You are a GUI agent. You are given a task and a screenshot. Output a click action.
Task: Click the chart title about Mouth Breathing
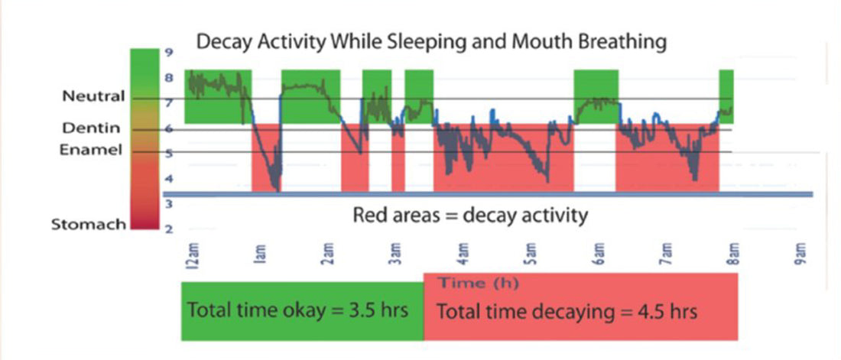431,41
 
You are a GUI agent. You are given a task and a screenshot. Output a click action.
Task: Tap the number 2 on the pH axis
168,229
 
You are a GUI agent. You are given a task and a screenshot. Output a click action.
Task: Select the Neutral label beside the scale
94,97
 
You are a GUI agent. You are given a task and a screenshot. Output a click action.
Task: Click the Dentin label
98,129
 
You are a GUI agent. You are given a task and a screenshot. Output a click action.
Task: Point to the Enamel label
91,151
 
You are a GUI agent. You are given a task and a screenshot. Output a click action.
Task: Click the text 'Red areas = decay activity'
470,215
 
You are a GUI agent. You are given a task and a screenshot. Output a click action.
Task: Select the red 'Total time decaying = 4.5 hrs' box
580,312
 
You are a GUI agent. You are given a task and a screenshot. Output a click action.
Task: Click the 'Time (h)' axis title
478,284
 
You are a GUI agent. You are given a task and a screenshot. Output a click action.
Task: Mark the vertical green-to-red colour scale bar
144,138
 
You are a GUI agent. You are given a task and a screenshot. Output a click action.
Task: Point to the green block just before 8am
726,96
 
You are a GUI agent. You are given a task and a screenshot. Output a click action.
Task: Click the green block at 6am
596,96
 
